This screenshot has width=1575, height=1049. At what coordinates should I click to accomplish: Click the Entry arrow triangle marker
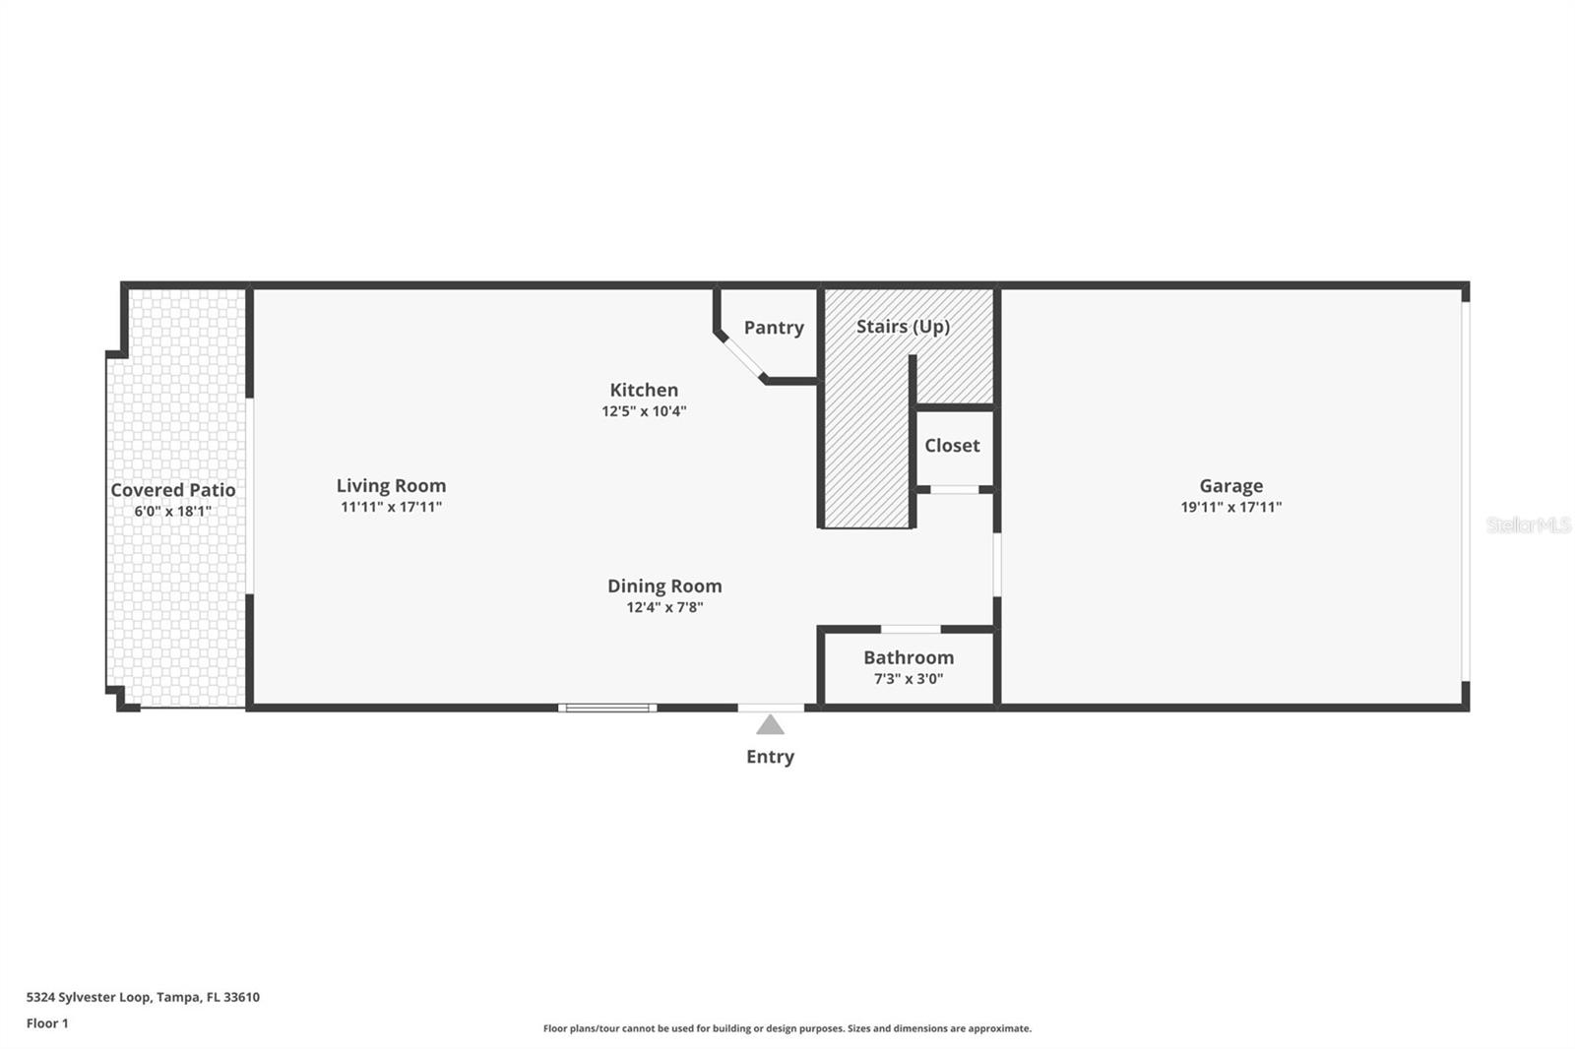[770, 726]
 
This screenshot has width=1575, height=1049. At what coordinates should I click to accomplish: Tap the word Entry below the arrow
[770, 757]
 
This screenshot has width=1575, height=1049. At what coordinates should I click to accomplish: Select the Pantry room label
[774, 328]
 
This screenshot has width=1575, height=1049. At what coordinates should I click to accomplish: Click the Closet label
[952, 446]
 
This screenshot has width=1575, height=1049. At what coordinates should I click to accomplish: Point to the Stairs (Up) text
[903, 327]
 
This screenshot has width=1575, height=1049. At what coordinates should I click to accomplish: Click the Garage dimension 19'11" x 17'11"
[1230, 508]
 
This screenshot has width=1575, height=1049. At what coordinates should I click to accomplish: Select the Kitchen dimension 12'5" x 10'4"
[644, 411]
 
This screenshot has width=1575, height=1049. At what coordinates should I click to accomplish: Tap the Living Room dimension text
[391, 508]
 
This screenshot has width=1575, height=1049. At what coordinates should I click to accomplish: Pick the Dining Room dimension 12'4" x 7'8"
[664, 607]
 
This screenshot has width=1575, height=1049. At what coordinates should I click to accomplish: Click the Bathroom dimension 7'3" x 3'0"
[908, 679]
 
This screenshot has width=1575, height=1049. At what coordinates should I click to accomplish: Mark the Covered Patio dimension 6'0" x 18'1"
[173, 512]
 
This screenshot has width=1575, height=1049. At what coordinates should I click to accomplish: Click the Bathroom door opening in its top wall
[911, 629]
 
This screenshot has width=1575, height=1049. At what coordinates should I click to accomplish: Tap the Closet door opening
[954, 489]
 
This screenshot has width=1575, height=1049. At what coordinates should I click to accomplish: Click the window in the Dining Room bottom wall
[607, 708]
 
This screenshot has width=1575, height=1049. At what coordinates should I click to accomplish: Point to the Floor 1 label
[47, 1023]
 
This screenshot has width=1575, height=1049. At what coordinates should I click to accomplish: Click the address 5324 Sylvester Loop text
[143, 997]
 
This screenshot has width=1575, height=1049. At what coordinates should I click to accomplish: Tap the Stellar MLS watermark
[1528, 525]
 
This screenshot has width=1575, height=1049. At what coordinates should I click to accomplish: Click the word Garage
[1230, 486]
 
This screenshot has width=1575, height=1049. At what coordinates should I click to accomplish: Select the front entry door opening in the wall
[771, 708]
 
